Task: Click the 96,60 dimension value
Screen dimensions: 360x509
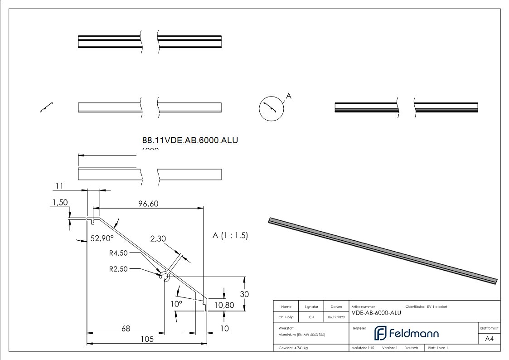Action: coord(148,204)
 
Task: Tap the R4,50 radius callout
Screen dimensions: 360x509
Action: coord(118,253)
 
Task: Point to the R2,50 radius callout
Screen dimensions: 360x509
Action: coord(118,268)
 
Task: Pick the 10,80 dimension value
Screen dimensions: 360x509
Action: coord(224,305)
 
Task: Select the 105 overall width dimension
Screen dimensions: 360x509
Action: coord(147,339)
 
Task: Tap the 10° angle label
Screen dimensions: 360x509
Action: coord(176,304)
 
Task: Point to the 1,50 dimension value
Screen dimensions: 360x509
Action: coord(60,203)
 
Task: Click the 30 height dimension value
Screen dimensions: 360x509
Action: coord(244,294)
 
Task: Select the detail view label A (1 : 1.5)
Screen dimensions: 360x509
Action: coord(230,235)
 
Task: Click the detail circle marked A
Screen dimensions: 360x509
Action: coord(271,109)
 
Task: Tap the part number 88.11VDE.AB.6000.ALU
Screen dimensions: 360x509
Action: coord(190,140)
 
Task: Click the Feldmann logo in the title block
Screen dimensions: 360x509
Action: coord(406,333)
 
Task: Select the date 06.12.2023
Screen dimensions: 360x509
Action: coord(336,317)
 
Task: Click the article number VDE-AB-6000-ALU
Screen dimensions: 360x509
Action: coord(376,312)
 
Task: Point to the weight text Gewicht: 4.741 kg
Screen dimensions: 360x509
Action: coord(293,348)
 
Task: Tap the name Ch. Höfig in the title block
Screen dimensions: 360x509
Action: coord(286,317)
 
